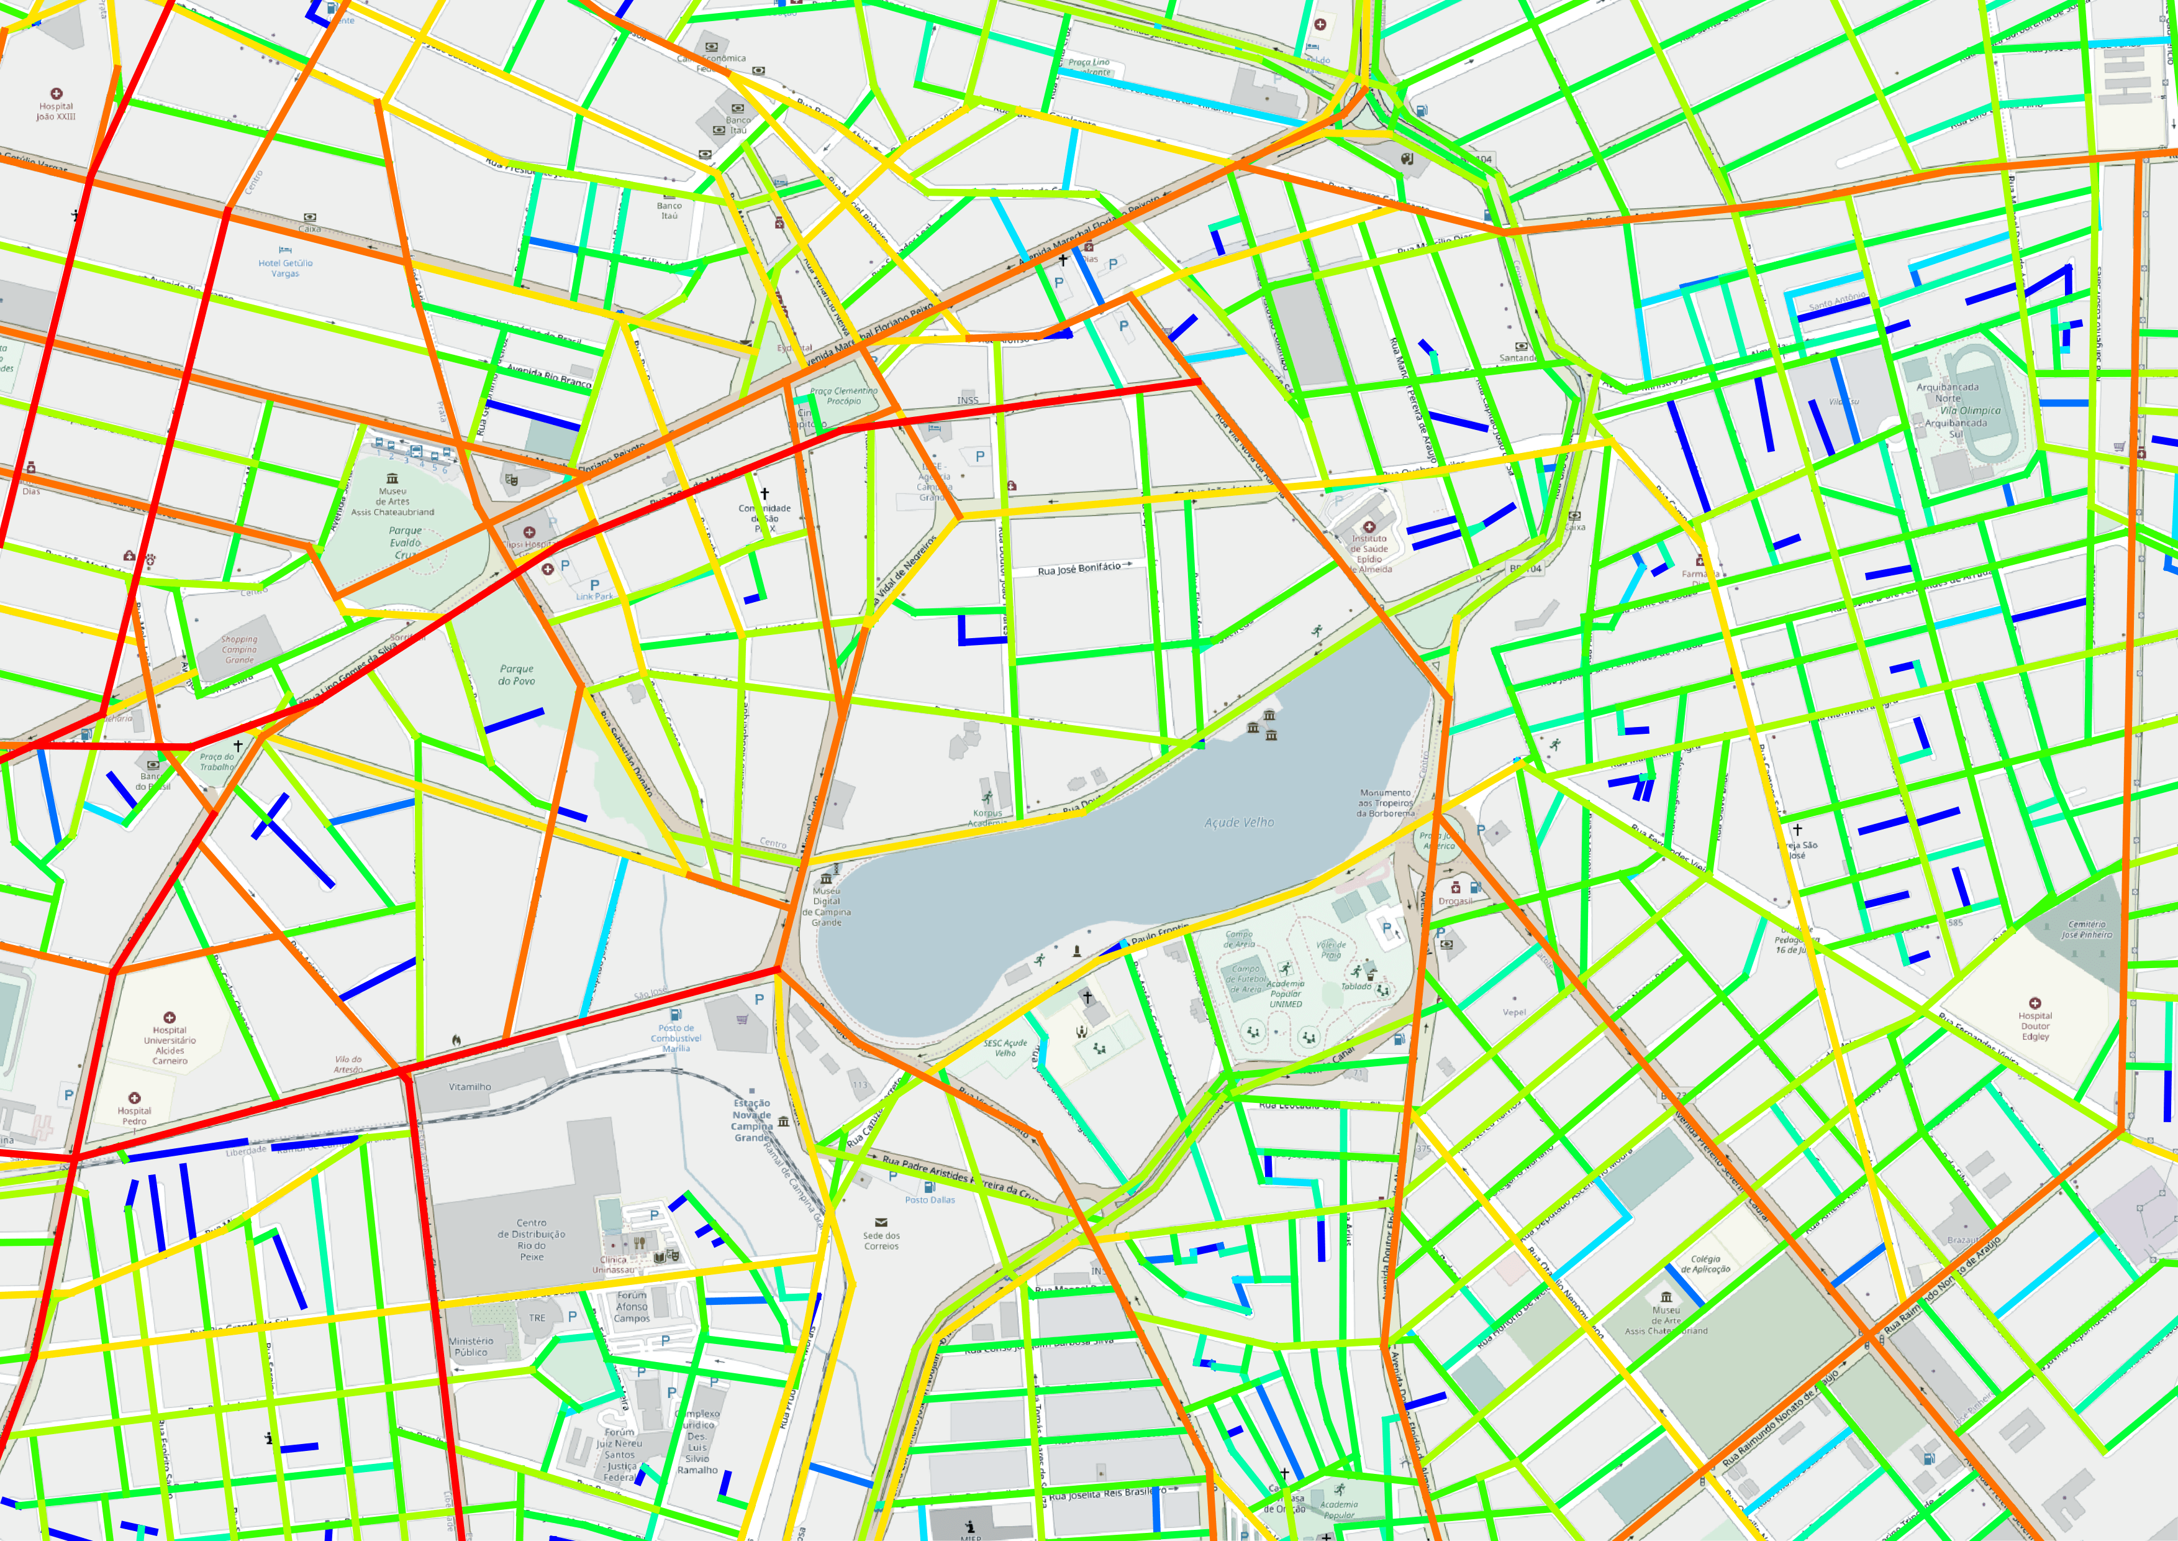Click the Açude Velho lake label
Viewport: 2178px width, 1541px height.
tap(1239, 823)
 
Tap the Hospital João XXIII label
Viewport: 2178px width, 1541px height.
tap(56, 111)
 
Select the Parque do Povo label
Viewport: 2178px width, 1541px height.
tap(517, 675)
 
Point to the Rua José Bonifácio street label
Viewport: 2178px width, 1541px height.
tap(1079, 569)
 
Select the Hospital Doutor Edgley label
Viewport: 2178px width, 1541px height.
tap(2035, 1026)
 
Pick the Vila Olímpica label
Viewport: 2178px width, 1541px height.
tap(1969, 411)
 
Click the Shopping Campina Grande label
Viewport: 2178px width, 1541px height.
tap(239, 650)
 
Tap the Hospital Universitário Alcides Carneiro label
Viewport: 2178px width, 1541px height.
tap(170, 1045)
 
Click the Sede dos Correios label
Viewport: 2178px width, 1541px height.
tap(881, 1240)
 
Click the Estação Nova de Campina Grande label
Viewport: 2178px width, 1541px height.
tap(751, 1120)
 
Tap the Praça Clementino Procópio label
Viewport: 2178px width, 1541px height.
tap(843, 396)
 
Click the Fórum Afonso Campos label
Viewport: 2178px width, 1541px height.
tap(632, 1307)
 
